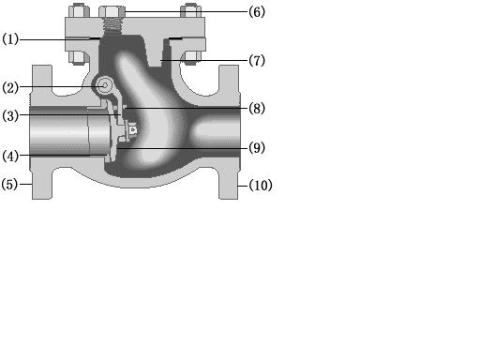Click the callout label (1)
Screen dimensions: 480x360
[x=10, y=39]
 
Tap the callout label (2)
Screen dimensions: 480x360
[x=10, y=87]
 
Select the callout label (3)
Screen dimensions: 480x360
[x=10, y=116]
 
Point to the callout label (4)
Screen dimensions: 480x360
[x=10, y=156]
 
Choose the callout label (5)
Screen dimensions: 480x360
[x=9, y=184]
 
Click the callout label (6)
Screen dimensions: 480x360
[x=257, y=12]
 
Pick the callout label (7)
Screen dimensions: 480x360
[x=257, y=60]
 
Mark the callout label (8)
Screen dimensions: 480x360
[x=257, y=109]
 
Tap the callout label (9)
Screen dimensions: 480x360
[x=257, y=147]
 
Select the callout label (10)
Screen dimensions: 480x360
[x=261, y=186]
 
